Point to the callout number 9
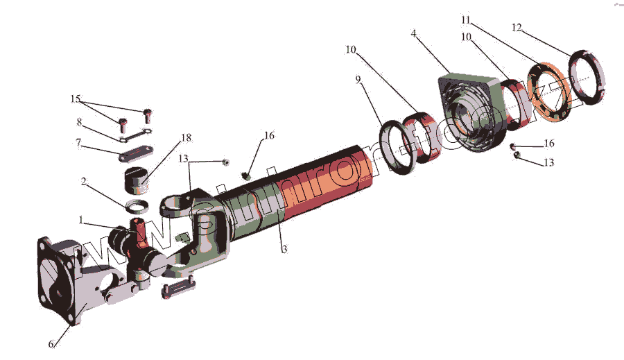(x=359, y=80)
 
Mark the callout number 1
(x=81, y=220)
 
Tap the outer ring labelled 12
(x=587, y=76)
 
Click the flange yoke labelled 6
(x=62, y=277)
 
